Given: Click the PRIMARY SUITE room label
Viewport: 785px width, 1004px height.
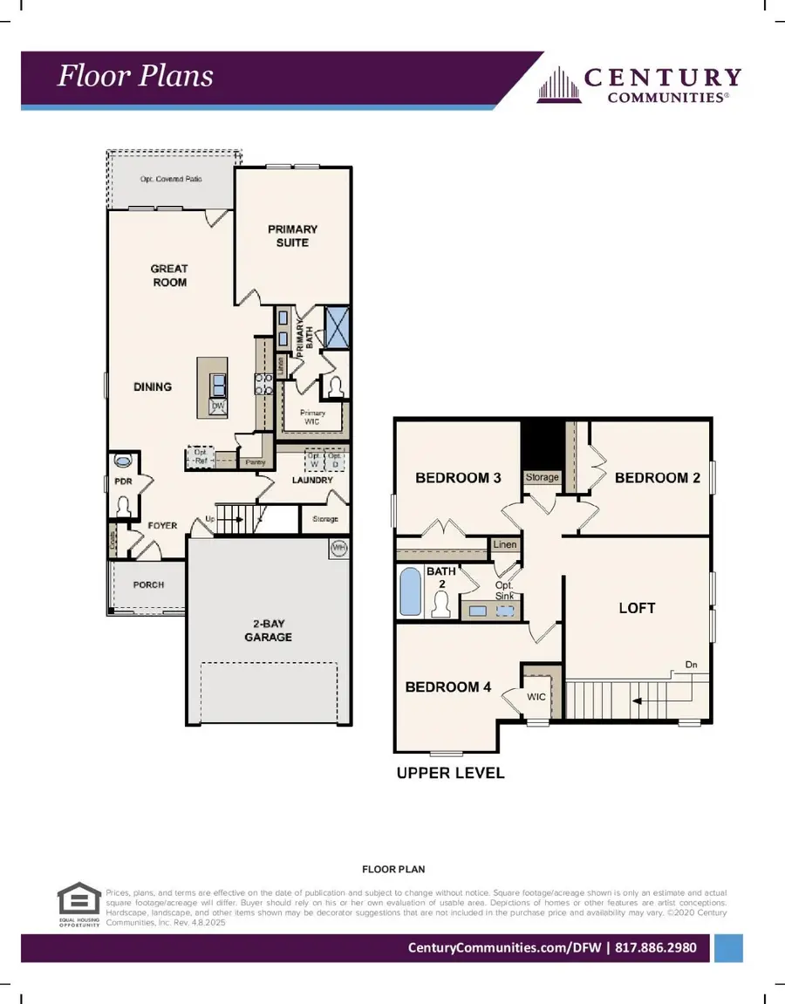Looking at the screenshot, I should point(292,236).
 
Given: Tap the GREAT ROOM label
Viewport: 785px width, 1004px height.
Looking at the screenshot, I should point(169,276).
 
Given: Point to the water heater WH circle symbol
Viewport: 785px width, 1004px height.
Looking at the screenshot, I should point(338,548).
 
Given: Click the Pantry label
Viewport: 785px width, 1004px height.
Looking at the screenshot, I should point(255,461).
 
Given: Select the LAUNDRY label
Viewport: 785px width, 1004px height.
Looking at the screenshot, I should point(312,480).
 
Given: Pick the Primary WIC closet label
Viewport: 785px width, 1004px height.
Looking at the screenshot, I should point(312,418).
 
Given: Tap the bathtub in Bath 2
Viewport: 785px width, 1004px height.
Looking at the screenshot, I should point(410,592).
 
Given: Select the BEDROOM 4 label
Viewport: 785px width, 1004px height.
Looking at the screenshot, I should point(448,687).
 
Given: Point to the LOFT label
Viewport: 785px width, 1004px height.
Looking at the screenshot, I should point(637,608).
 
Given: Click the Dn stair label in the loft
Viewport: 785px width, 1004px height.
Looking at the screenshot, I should point(691,665).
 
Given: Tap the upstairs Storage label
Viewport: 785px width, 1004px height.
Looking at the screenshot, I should point(542,478).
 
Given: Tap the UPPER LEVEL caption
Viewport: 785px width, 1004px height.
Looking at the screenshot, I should point(450,773).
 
